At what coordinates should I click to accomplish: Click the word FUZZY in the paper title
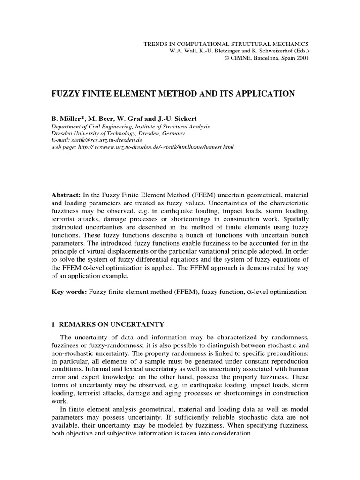click(66, 94)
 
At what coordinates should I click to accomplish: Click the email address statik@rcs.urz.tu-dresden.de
click(105, 140)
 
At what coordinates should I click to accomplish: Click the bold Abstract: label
click(66, 194)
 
